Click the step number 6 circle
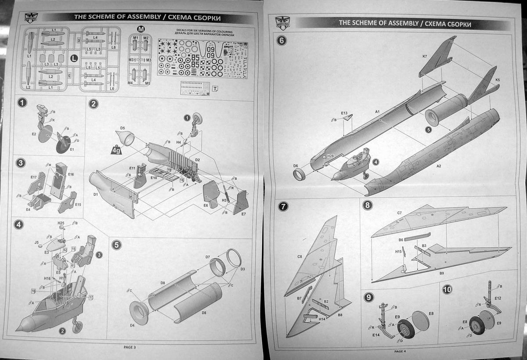[x=282, y=41]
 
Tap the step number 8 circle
[x=368, y=205]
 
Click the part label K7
[x=425, y=57]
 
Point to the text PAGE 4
[x=400, y=351]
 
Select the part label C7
[x=399, y=213]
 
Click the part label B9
[x=442, y=273]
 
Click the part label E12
[x=497, y=298]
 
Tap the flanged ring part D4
[x=140, y=313]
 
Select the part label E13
[x=344, y=113]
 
